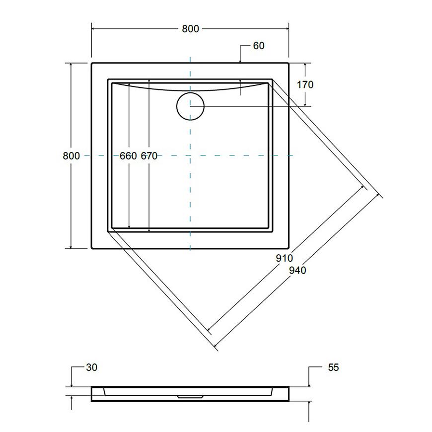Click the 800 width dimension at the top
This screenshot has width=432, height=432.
pyautogui.click(x=190, y=29)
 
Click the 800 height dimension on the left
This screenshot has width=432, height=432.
pyautogui.click(x=71, y=156)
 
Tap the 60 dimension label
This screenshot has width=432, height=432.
pyautogui.click(x=259, y=46)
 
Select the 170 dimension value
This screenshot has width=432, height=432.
pyautogui.click(x=305, y=84)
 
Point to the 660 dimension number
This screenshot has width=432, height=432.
pyautogui.click(x=128, y=156)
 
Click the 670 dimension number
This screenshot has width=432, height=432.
pyautogui.click(x=149, y=156)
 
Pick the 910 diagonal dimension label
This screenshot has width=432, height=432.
pyautogui.click(x=285, y=258)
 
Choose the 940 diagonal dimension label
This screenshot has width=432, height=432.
pyautogui.click(x=297, y=270)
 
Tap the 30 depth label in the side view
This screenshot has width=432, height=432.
pyautogui.click(x=91, y=367)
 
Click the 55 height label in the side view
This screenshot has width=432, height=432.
pyautogui.click(x=333, y=367)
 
